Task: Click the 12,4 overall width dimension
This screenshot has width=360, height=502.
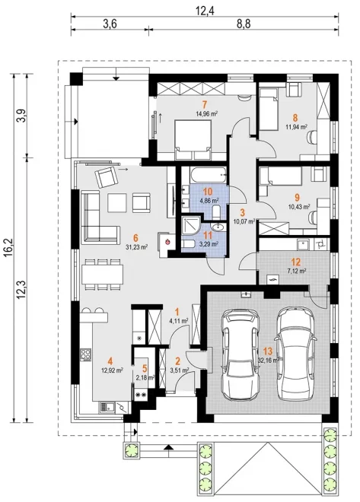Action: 205,11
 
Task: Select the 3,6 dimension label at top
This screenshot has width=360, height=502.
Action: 110,24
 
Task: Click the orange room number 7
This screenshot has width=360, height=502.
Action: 205,104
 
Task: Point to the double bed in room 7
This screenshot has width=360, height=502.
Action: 193,140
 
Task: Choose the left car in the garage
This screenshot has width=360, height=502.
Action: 241,354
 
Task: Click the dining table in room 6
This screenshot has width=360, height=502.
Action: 103,275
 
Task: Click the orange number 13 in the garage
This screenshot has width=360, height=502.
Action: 268,351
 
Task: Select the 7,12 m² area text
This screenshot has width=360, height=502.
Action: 297,271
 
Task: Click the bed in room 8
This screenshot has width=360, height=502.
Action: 269,110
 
